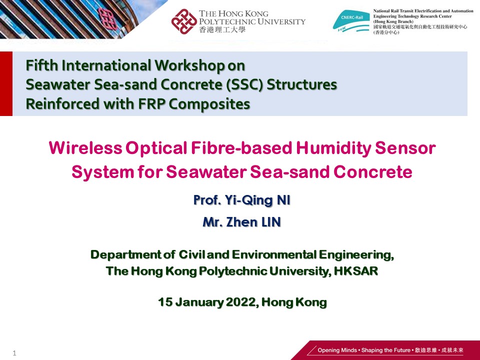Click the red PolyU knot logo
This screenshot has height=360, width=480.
point(184,21)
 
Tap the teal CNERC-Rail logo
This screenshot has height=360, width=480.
point(351,21)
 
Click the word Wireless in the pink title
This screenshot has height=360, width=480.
point(85,148)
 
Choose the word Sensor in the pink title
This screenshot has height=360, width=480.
point(405,148)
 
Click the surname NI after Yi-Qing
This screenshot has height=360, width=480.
point(283,200)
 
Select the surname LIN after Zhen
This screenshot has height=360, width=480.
point(270,222)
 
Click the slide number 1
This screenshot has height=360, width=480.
point(14,353)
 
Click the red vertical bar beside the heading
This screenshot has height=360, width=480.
point(6,83)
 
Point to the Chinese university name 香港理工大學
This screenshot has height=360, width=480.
point(222,29)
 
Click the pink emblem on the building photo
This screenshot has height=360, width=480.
point(108,18)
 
